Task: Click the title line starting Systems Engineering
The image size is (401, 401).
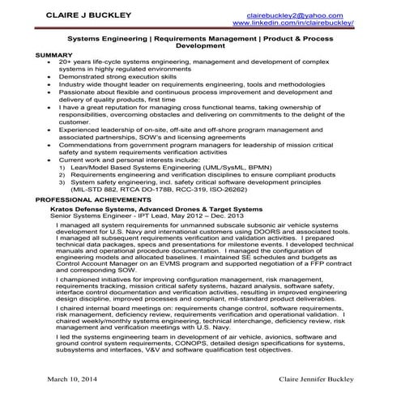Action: click(201, 38)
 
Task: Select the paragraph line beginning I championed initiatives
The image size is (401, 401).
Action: click(203, 279)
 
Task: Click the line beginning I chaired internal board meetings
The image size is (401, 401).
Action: click(203, 309)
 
